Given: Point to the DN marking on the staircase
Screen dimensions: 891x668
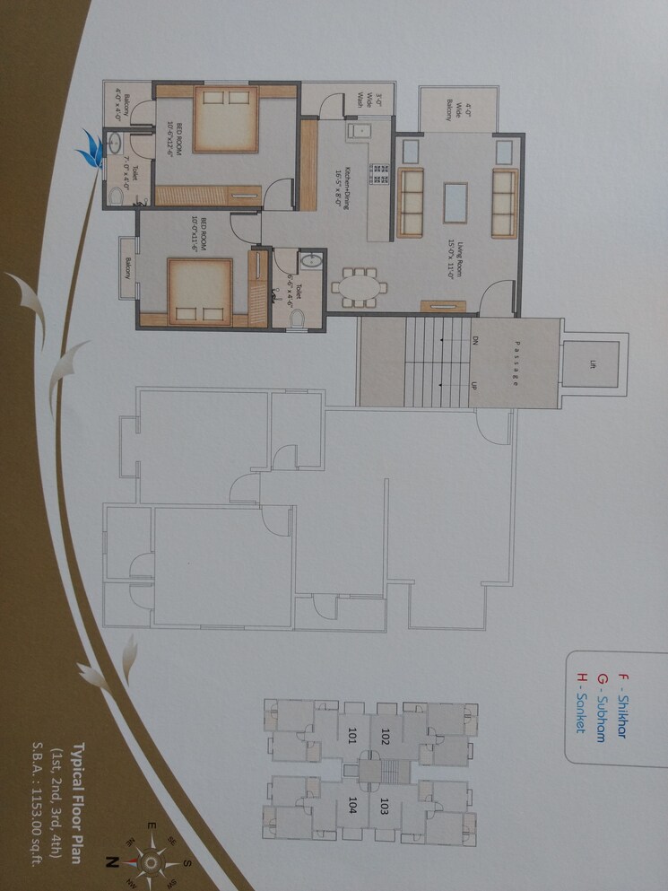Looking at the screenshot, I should [476, 342].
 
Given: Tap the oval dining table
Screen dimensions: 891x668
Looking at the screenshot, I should [360, 287].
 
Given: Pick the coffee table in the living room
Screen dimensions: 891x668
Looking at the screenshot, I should [456, 203].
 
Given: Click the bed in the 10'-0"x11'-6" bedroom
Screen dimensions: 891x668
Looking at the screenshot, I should [200, 290].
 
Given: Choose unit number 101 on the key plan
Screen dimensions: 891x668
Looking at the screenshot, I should [352, 737].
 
